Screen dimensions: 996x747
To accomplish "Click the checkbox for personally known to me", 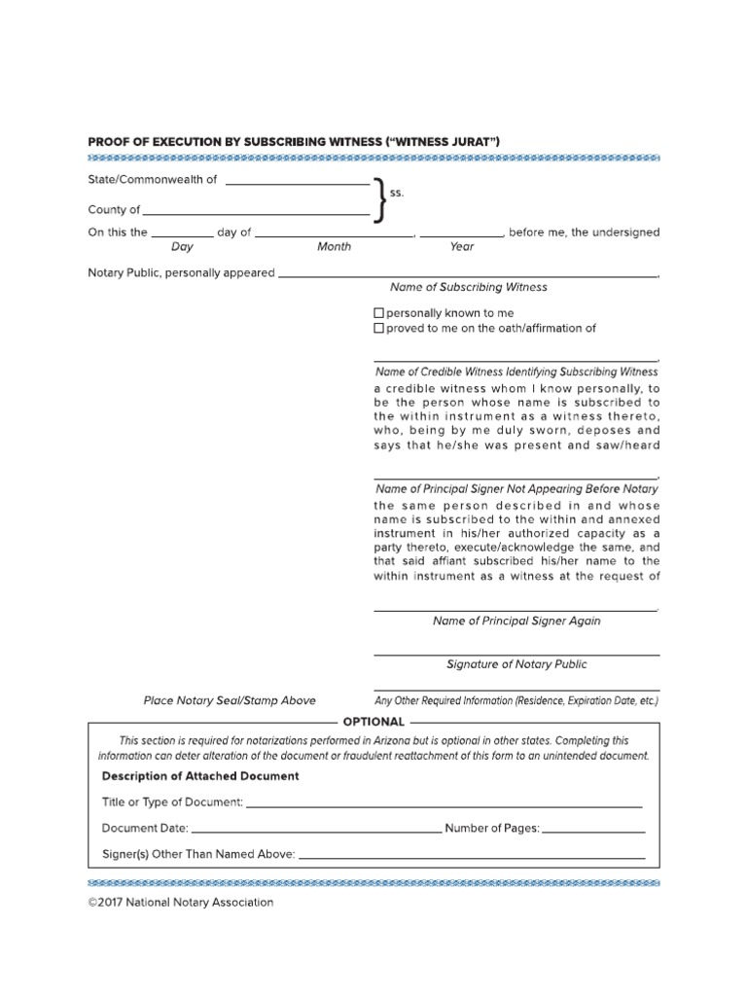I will click(379, 314).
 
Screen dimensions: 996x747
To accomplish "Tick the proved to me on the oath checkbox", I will click(379, 329).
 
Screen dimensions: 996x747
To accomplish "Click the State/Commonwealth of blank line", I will click(297, 184).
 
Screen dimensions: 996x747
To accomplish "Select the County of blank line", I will click(256, 213).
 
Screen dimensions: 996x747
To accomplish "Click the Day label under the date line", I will click(182, 247).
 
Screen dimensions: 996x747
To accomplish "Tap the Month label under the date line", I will click(334, 247).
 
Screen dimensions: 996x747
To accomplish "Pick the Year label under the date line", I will click(462, 247).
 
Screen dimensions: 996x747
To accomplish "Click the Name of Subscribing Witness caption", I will click(468, 288).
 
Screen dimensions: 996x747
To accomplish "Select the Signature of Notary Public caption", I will click(516, 665).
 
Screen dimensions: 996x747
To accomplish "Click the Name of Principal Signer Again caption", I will click(516, 622).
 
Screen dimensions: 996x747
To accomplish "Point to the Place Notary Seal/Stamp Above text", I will click(230, 700).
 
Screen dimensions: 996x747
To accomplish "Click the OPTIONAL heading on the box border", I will click(373, 722).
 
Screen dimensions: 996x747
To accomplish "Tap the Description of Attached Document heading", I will click(200, 776).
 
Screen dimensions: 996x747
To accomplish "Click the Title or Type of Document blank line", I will click(445, 806).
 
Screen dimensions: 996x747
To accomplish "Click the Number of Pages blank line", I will click(593, 833).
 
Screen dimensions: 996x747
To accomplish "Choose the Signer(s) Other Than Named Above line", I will click(472, 858).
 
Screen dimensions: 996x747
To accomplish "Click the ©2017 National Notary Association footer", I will click(181, 903).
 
